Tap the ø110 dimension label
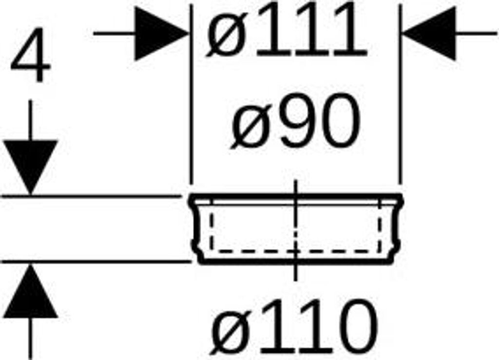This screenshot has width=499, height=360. (295, 327)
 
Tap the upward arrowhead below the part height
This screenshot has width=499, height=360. (30, 292)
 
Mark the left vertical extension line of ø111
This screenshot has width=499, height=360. (191, 97)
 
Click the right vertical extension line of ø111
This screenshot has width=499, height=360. (400, 97)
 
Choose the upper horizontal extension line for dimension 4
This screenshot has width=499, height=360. (93, 196)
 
